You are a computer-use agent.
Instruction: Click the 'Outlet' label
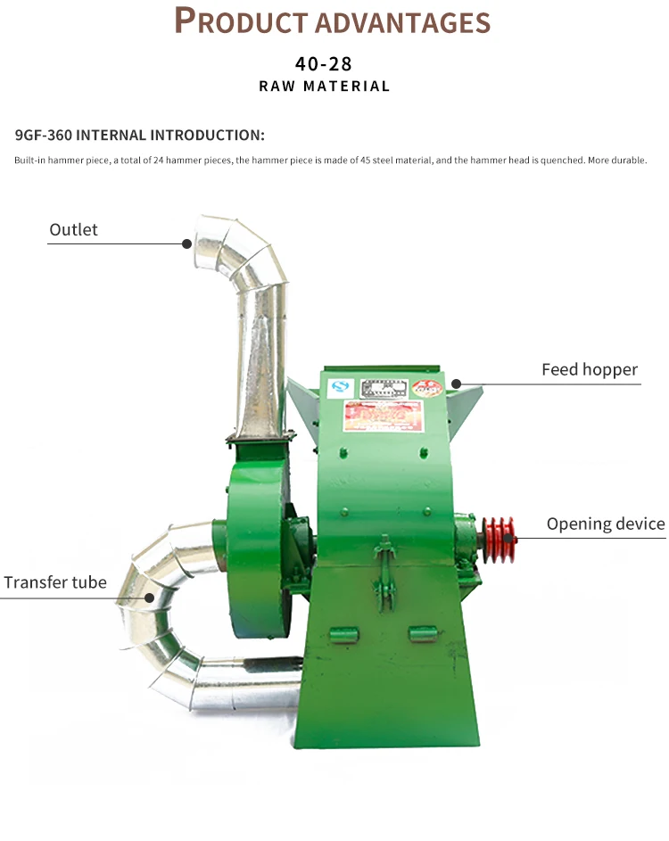point(73,229)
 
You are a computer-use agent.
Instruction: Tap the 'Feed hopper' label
point(590,369)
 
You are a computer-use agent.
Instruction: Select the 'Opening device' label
point(606,524)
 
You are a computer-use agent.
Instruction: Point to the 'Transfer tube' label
point(55,582)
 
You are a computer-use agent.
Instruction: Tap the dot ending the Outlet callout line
point(186,243)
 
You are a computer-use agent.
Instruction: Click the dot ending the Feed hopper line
point(456,384)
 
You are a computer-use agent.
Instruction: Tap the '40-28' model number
point(324,64)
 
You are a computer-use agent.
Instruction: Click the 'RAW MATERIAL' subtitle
point(325,87)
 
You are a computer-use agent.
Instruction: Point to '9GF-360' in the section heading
point(44,136)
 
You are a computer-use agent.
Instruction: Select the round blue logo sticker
point(339,386)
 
